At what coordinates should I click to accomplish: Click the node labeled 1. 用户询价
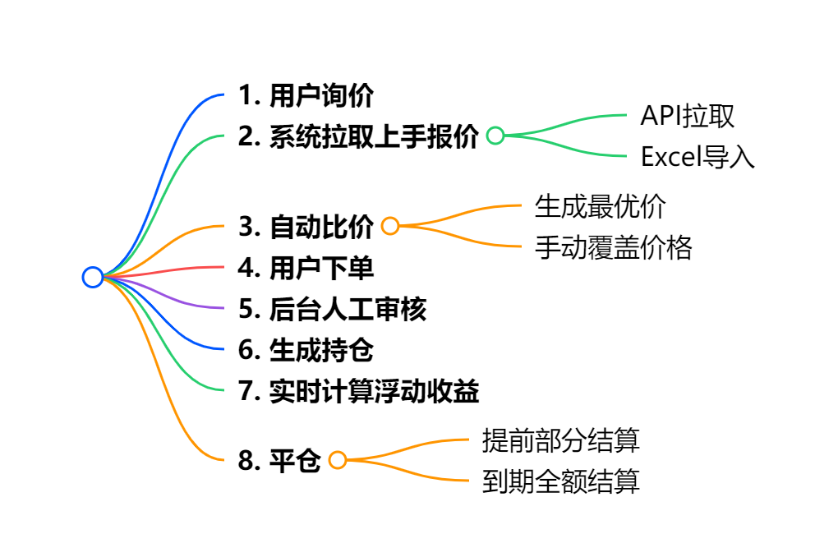point(306,96)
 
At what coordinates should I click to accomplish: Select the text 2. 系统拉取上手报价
point(358,136)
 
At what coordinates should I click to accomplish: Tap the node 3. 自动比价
point(306,227)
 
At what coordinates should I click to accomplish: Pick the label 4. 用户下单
point(306,268)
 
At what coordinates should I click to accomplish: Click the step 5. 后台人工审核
point(332,309)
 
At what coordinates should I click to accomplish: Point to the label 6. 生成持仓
point(306,350)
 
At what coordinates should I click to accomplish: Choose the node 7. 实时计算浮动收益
point(358,391)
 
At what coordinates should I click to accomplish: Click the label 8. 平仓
point(279,461)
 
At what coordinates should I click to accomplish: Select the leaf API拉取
point(687,116)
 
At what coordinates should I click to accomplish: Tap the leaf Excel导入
point(698,157)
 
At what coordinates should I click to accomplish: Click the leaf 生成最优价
point(600,206)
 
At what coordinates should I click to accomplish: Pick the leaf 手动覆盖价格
point(613,247)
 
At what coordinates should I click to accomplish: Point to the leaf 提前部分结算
point(560,440)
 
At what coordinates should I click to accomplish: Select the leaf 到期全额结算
point(560,481)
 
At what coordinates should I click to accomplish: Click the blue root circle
point(93,278)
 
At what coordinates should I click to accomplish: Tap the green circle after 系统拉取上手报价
point(495,136)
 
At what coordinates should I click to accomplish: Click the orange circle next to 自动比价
point(390,227)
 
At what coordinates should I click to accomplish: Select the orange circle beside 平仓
point(338,461)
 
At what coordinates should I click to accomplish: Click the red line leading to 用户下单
point(181,269)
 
